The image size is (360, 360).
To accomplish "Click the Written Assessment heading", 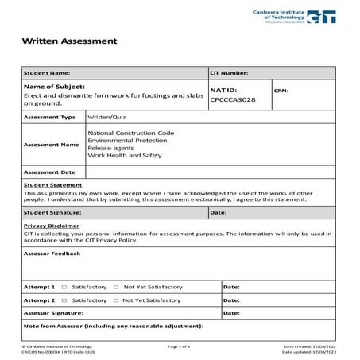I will click(69, 41).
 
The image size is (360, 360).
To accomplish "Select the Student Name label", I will click(47, 73).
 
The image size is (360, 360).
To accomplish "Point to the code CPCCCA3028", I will click(230, 101).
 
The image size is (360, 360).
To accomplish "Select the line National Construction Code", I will click(130, 132).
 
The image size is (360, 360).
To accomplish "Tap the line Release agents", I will click(109, 148).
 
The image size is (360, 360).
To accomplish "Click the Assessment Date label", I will click(49, 172).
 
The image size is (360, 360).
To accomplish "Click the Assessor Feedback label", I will click(52, 254).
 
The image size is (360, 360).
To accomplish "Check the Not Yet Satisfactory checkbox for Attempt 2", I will click(116, 300).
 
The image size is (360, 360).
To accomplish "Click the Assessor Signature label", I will click(54, 313).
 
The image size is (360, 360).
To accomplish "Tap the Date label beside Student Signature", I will click(219, 213).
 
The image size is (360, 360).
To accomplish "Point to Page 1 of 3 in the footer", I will click(180, 347).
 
